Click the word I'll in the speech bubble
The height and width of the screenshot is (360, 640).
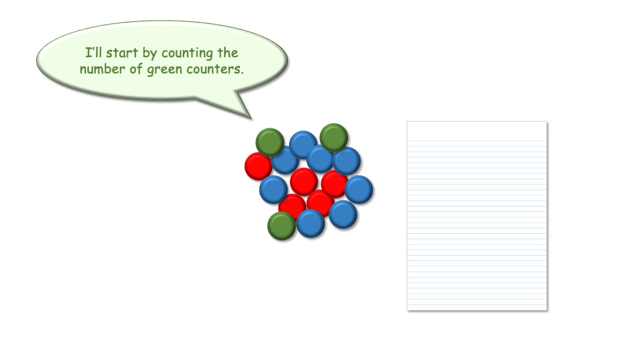[94, 53]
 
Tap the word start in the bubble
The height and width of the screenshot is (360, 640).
[122, 53]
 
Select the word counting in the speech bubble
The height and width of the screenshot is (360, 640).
[187, 54]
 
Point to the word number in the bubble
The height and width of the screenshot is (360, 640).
[102, 69]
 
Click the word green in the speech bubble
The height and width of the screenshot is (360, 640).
[164, 70]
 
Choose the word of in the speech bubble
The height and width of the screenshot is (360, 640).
[136, 69]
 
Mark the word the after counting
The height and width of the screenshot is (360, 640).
[228, 53]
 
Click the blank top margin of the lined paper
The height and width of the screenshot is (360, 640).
[477, 131]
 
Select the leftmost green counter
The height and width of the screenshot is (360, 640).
[270, 142]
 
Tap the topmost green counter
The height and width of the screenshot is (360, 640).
[334, 138]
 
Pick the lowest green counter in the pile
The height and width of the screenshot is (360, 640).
[281, 226]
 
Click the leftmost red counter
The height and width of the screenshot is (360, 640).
[259, 166]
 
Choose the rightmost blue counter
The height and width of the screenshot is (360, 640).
[359, 190]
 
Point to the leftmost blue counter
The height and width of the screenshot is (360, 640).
[273, 190]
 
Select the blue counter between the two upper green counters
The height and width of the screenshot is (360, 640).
[303, 145]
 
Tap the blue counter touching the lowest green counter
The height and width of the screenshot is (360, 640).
[311, 223]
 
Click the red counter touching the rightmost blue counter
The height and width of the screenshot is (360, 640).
[334, 184]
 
